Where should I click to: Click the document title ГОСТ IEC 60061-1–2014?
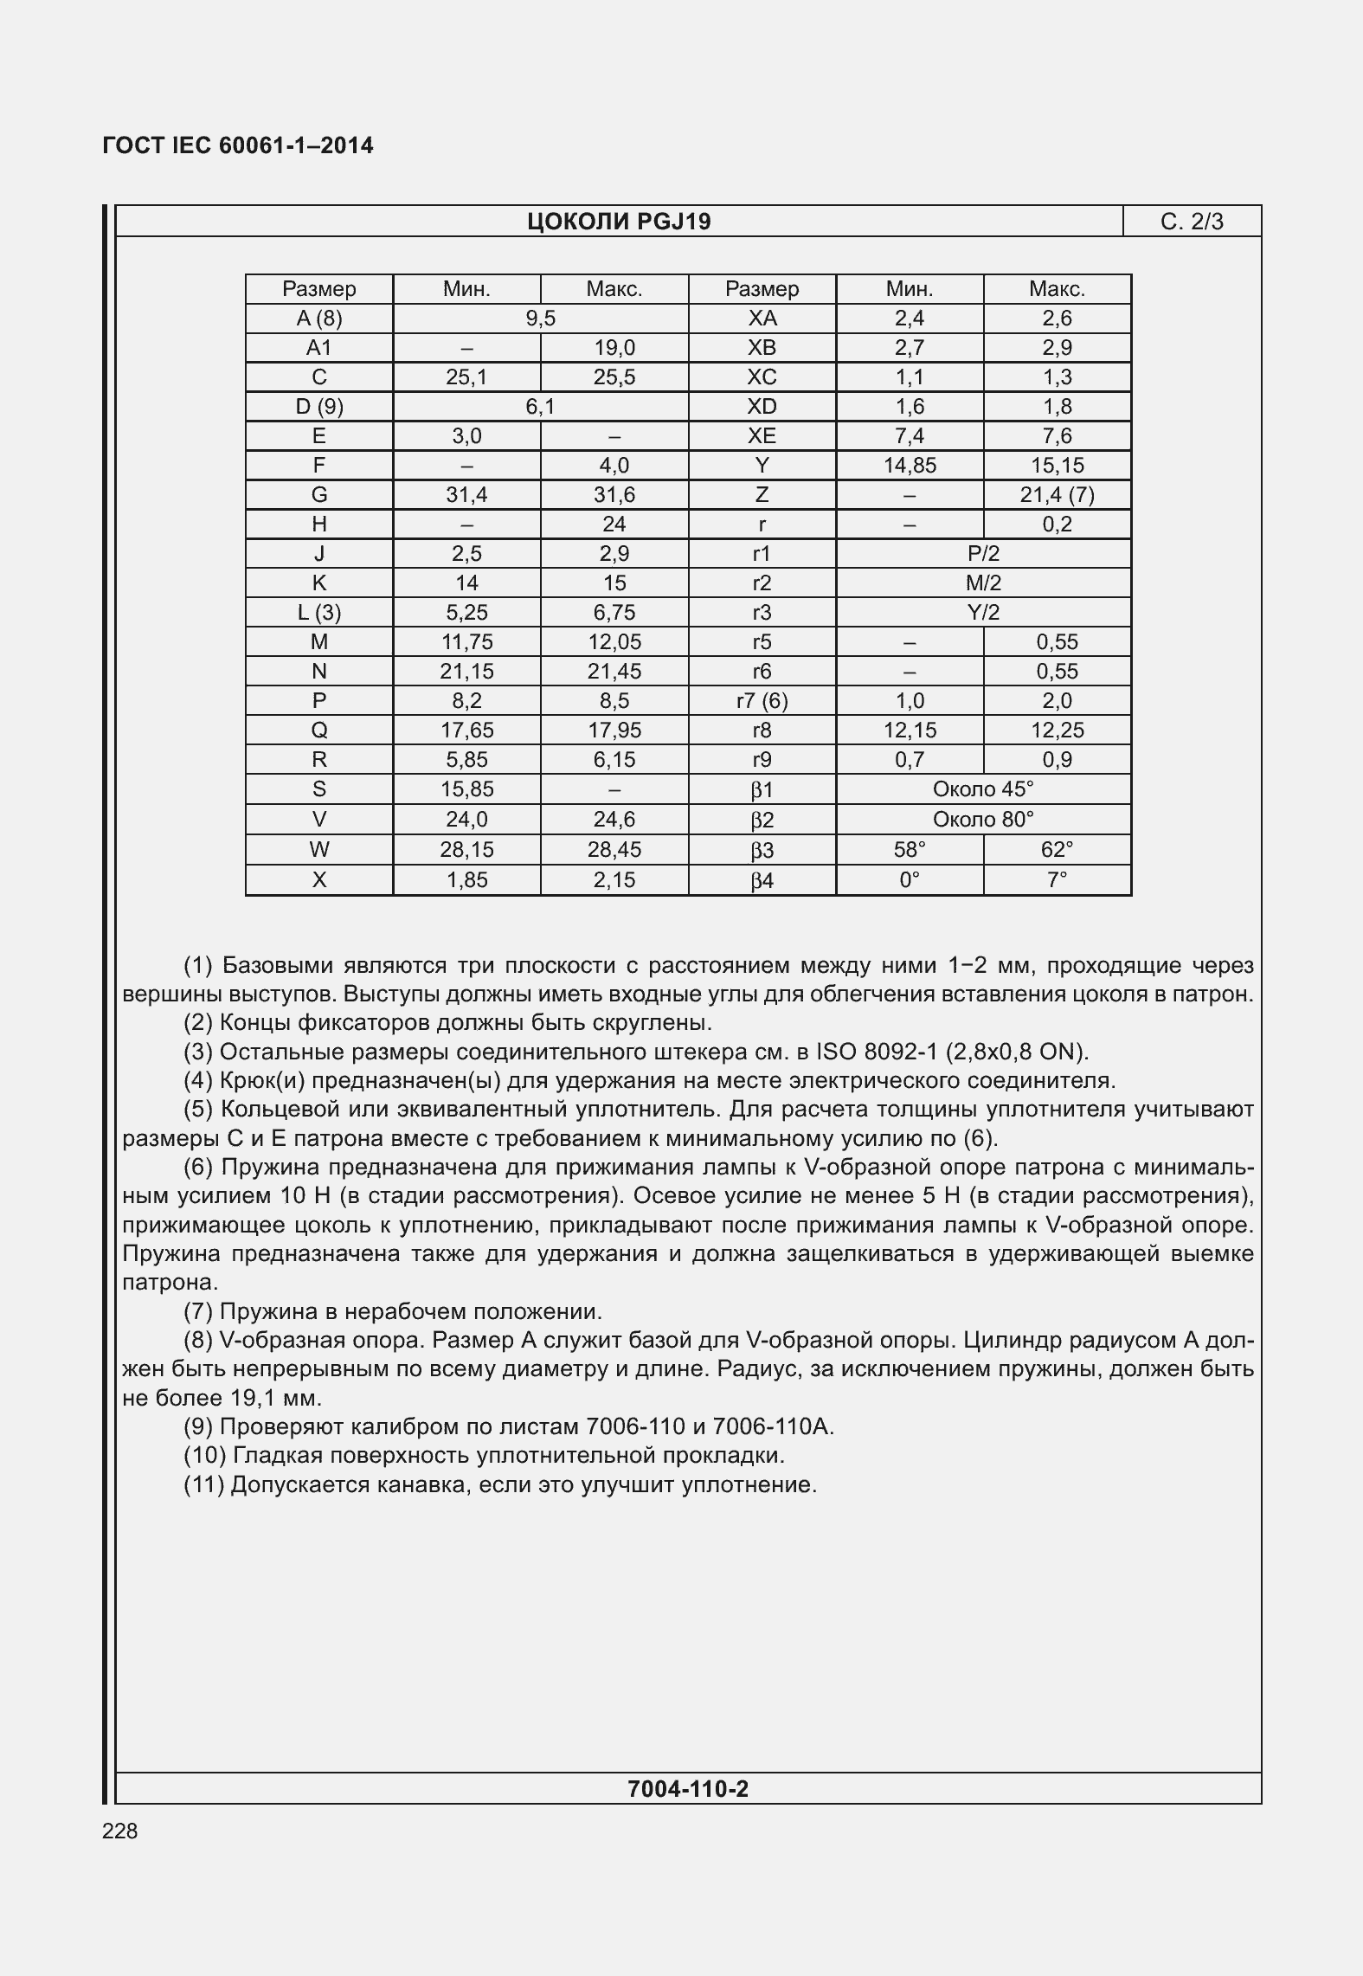pos(238,145)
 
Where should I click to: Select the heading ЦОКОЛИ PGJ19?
pos(619,222)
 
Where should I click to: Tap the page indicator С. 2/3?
pos(1192,222)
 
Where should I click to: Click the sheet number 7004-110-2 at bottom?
pos(688,1788)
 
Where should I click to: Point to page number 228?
pos(119,1831)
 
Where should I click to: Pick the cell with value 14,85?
pos(910,466)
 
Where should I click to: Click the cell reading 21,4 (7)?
pos(1057,495)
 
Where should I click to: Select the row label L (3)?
pos(318,613)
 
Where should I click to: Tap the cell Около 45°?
pos(983,789)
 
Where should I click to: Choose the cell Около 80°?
pos(983,819)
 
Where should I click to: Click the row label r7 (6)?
pos(762,701)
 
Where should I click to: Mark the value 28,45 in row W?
pos(614,849)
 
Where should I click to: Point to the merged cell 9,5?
pos(540,319)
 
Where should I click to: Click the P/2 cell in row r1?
pos(983,554)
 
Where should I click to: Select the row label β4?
pos(762,880)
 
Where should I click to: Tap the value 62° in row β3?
pos(1057,849)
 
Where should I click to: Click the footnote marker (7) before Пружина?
pos(198,1311)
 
